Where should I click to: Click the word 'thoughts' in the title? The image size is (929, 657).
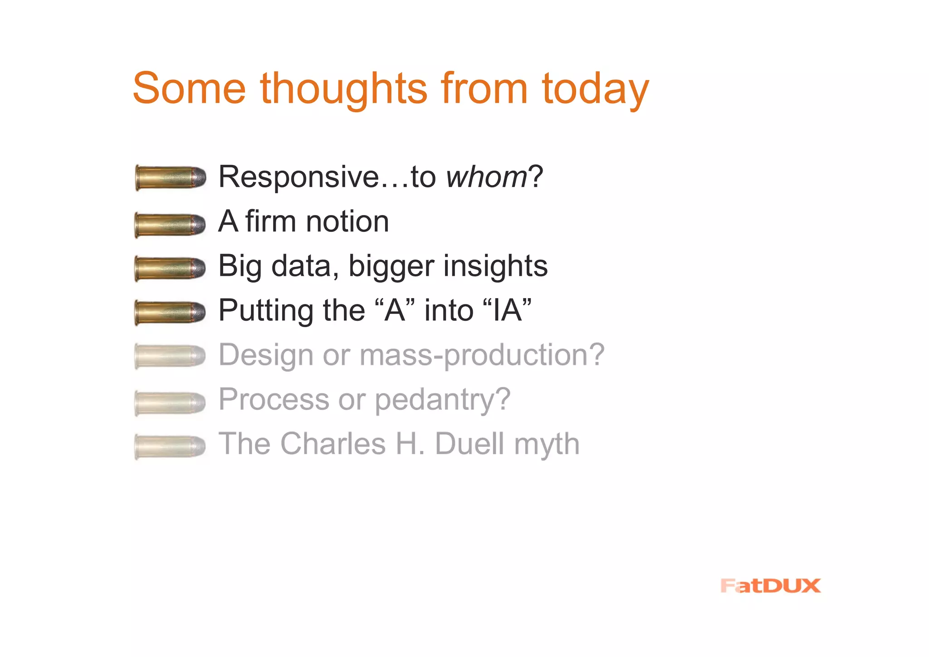[343, 88]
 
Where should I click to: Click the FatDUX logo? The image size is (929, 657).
[770, 586]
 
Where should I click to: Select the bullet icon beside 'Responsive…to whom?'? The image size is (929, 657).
[171, 178]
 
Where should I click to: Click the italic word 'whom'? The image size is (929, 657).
[486, 177]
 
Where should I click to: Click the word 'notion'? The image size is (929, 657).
[347, 221]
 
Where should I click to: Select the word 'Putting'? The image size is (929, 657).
[266, 311]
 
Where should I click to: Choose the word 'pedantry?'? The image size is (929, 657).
[443, 400]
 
